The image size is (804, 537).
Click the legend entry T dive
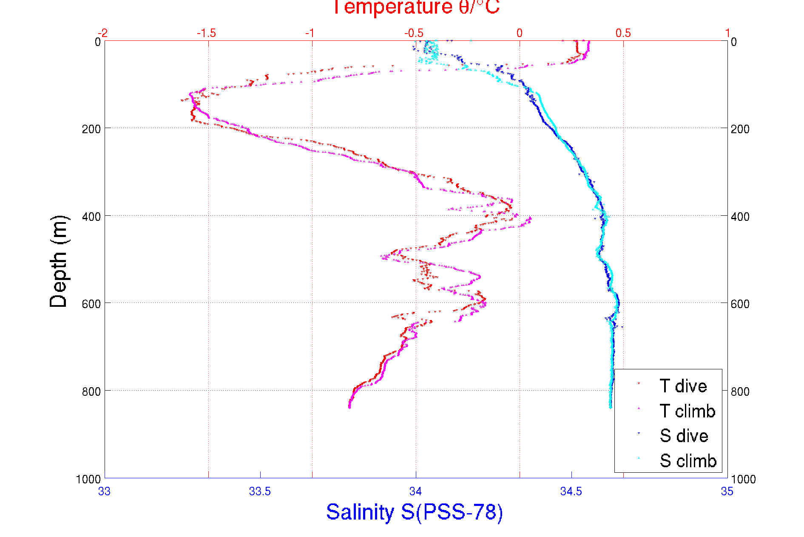point(683,386)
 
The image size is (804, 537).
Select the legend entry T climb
point(687,411)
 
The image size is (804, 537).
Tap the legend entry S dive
point(684,436)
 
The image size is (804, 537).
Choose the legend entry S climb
point(688,461)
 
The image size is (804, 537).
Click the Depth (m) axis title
point(59,261)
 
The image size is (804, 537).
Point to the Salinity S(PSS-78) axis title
point(415,512)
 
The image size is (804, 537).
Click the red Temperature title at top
point(415,8)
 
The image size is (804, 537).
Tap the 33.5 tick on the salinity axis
point(260,491)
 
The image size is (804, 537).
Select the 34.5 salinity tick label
point(571,491)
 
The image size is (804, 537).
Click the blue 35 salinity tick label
point(727,491)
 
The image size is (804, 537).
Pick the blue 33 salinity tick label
point(104,491)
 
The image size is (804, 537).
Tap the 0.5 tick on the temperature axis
point(623,33)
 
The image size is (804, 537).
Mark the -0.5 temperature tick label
point(414,33)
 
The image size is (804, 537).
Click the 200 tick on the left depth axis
point(91,129)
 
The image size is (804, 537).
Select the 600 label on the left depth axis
point(91,304)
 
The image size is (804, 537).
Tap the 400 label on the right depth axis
point(740,217)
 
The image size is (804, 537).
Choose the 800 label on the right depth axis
point(740,391)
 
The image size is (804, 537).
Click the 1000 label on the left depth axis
point(88,479)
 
